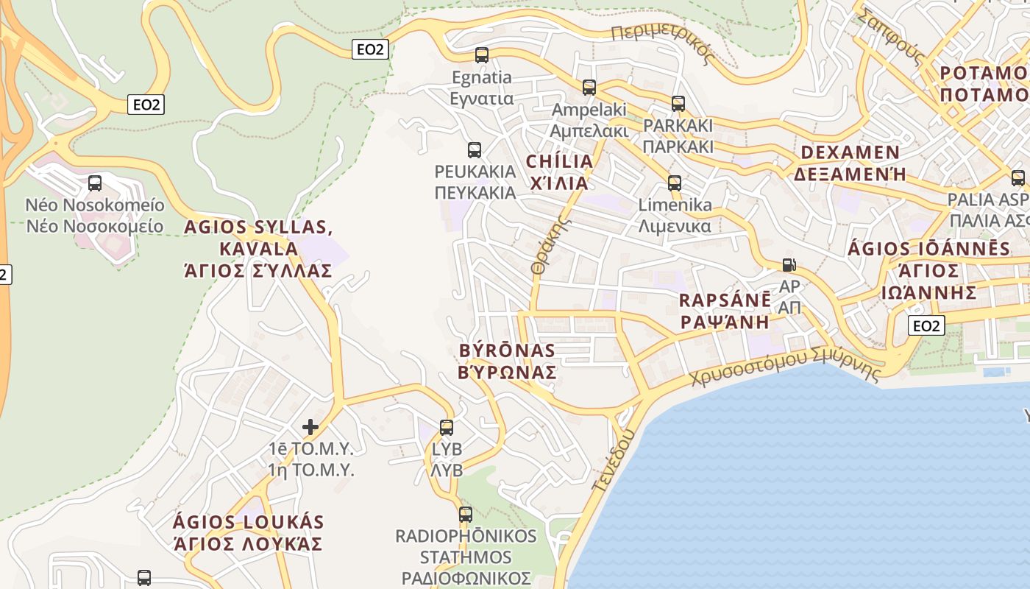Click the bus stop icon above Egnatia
pos(482,55)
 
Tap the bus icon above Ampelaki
pos(589,88)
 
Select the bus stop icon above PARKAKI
pos(678,104)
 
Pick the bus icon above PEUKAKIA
pos(475,150)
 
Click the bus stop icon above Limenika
pos(675,183)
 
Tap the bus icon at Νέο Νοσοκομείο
pos(95,183)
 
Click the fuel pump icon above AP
pos(789,264)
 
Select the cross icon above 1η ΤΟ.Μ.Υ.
pos(310,426)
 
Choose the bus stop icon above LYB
pos(447,427)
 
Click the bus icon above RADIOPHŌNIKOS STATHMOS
pos(466,515)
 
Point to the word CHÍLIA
pos(559,161)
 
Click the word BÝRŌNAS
pos(506,350)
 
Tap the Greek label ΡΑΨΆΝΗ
pos(725,322)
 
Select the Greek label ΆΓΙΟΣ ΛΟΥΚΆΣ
pos(248,544)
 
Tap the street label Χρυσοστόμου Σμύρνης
pos(785,365)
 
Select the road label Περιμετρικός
pos(663,43)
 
